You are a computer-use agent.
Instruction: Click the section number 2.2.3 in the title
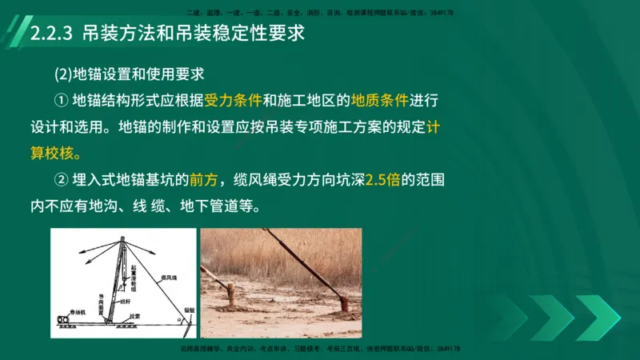tap(51, 36)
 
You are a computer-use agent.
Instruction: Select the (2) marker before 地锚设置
tap(62, 74)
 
